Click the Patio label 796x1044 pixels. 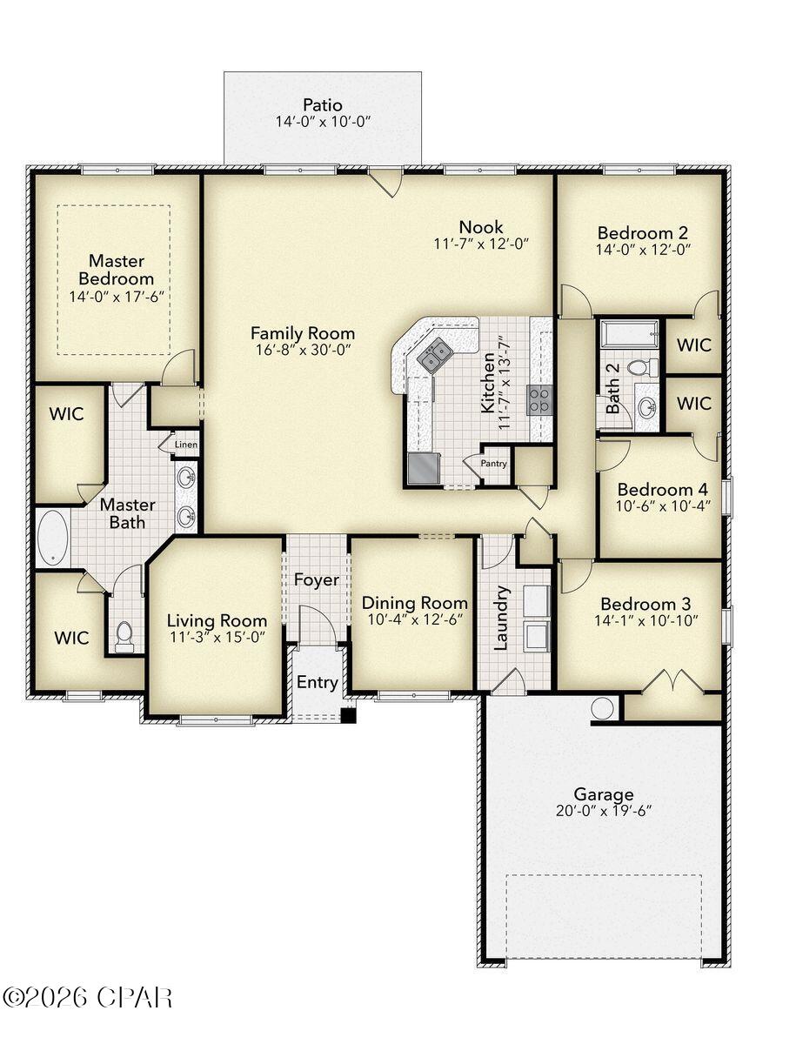pyautogui.click(x=322, y=105)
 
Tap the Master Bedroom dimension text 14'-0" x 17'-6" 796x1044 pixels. pyautogui.click(x=117, y=297)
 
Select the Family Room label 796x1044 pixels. pyautogui.click(x=303, y=332)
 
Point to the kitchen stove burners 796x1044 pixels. pyautogui.click(x=539, y=399)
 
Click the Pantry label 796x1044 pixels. pyautogui.click(x=493, y=464)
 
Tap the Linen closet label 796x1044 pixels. pyautogui.click(x=186, y=445)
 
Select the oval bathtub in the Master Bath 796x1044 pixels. pyautogui.click(x=53, y=537)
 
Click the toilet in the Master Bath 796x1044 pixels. pyautogui.click(x=124, y=636)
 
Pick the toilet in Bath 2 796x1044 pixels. pyautogui.click(x=642, y=367)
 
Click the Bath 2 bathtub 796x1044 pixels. pyautogui.click(x=630, y=333)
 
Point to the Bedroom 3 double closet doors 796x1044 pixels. pyautogui.click(x=672, y=680)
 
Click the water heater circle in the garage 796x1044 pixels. pyautogui.click(x=603, y=708)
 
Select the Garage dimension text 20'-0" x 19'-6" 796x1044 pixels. pyautogui.click(x=603, y=811)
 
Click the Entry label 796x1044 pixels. pyautogui.click(x=317, y=682)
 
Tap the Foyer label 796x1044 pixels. pyautogui.click(x=316, y=580)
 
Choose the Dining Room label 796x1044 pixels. pyautogui.click(x=414, y=603)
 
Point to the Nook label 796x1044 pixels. pyautogui.click(x=481, y=227)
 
